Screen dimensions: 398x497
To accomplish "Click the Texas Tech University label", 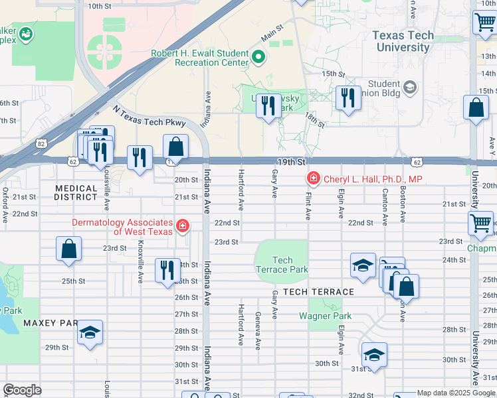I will click(403, 41).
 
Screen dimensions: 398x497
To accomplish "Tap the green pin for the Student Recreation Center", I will click(258, 58).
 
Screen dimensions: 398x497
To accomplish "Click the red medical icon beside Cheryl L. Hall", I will click(312, 178).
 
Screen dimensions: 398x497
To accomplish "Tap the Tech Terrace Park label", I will click(282, 265).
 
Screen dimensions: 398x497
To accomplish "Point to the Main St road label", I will click(272, 31).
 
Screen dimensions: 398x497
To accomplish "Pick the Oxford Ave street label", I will click(5, 205).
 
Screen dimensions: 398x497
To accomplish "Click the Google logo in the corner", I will click(22, 390).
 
